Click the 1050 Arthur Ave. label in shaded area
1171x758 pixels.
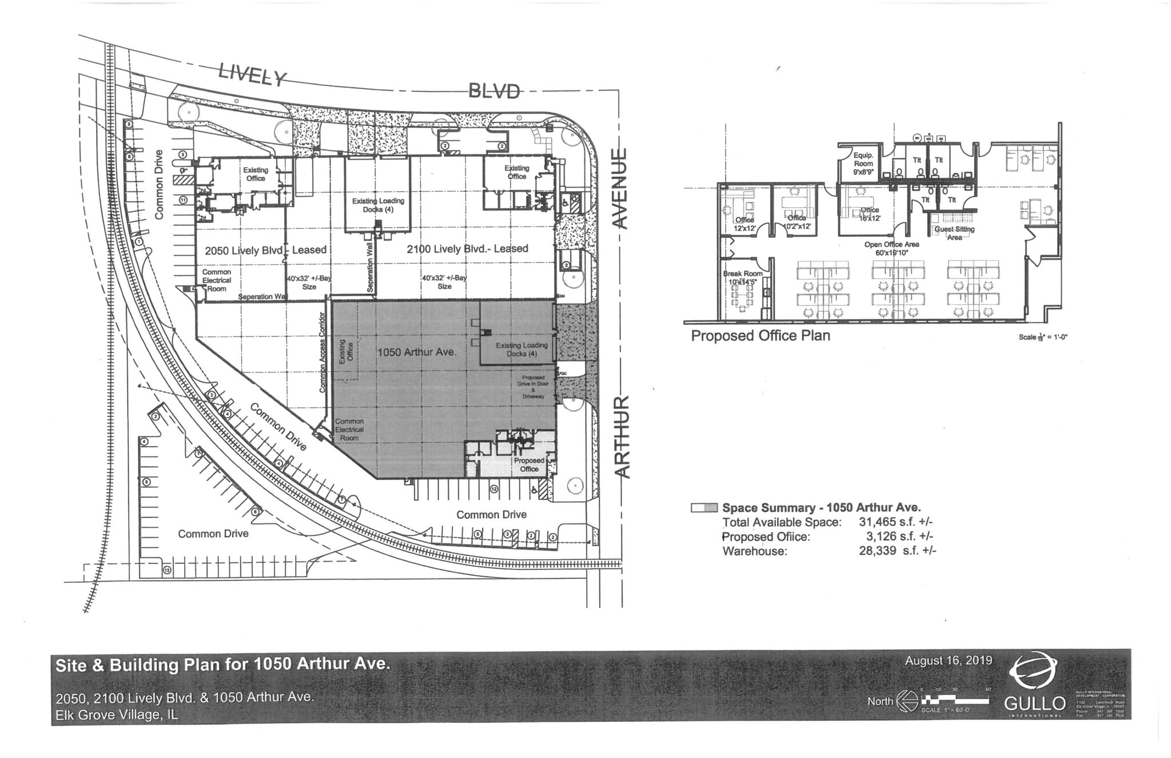(x=416, y=352)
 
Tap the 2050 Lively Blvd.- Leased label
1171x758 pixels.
(x=265, y=250)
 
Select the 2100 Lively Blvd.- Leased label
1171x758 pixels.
(x=467, y=249)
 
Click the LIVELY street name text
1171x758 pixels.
(x=252, y=76)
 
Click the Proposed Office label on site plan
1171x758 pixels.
(x=529, y=465)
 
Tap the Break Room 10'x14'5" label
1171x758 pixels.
(x=743, y=277)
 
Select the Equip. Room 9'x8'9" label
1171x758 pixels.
(x=863, y=163)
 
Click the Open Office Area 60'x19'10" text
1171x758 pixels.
(x=891, y=248)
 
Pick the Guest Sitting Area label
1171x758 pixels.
(x=954, y=233)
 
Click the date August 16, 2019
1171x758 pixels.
(x=948, y=661)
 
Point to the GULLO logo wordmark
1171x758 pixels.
(x=1035, y=704)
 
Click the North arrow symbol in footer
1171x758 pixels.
(x=907, y=701)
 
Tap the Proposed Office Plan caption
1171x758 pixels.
(x=760, y=336)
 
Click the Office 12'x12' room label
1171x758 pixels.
(x=745, y=224)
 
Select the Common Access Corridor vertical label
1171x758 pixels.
(x=322, y=352)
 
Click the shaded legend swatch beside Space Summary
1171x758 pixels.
(x=704, y=508)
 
